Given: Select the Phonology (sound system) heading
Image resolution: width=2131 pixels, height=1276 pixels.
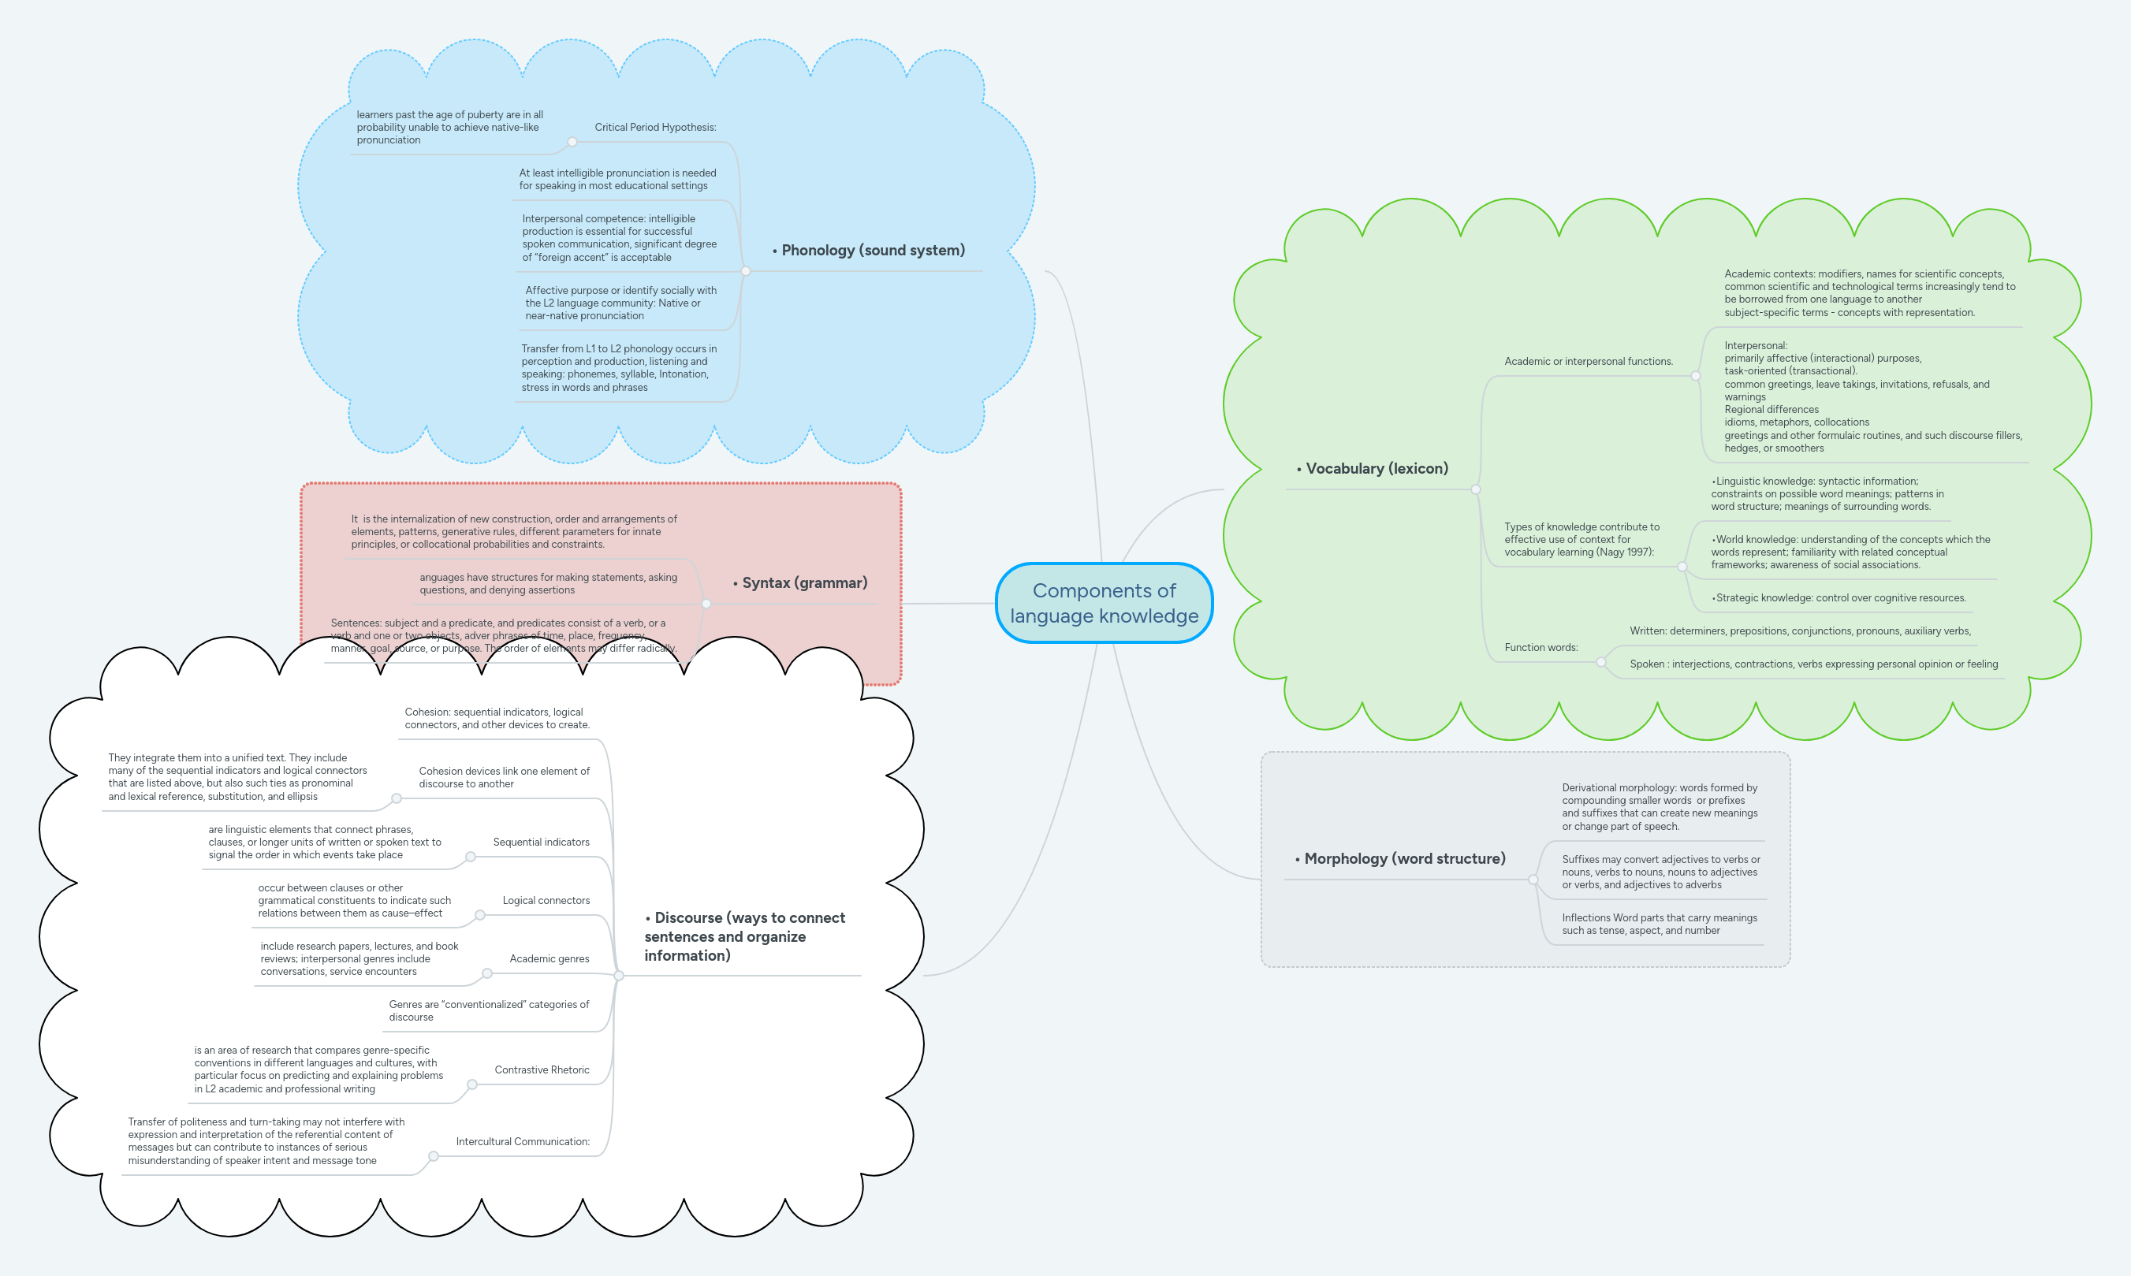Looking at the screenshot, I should tap(872, 250).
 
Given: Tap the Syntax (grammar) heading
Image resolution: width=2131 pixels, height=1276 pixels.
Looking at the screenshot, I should tap(804, 583).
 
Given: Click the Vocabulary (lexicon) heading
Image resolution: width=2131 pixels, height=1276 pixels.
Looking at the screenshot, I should tap(1376, 469).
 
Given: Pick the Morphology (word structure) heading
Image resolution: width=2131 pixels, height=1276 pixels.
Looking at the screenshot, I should tap(1403, 859).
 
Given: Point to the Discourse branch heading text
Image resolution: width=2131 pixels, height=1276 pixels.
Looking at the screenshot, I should tap(745, 936).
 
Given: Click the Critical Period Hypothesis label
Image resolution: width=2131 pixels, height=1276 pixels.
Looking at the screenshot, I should tap(654, 127).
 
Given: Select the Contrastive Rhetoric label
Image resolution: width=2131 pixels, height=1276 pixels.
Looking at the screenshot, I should tap(542, 1070).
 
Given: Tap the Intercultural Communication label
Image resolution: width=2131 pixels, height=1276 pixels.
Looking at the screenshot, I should tap(522, 1141).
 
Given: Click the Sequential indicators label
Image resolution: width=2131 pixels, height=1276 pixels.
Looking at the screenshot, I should tap(541, 842).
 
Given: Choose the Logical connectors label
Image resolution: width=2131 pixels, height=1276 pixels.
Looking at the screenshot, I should tap(546, 900).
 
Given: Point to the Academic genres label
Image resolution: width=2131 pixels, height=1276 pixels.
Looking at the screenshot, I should tap(549, 958).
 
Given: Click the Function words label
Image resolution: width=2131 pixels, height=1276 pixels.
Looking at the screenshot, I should tap(1541, 648).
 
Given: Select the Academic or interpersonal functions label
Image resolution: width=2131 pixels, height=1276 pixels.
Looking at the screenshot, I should tap(1589, 361).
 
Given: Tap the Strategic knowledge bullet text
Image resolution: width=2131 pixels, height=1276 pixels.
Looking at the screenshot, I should tap(1839, 597).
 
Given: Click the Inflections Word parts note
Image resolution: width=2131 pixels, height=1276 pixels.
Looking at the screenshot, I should tap(1659, 924).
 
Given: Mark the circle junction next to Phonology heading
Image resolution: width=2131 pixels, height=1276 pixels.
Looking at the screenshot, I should tap(746, 271).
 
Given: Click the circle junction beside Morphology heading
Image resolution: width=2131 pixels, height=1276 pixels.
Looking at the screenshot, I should tap(1533, 880).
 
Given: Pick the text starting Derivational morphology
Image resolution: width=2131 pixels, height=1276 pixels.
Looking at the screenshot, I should tap(1659, 806).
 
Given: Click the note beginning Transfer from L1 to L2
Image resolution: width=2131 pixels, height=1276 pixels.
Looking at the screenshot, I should tap(618, 368).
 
